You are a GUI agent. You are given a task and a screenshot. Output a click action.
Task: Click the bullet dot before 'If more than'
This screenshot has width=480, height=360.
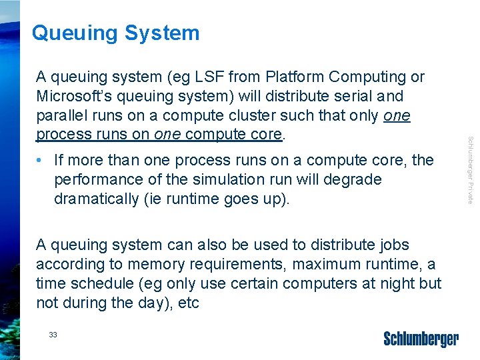(x=41, y=161)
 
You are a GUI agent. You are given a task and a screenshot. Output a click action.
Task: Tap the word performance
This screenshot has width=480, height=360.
(x=95, y=180)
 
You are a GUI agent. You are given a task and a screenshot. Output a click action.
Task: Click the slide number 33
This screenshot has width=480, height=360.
(x=53, y=335)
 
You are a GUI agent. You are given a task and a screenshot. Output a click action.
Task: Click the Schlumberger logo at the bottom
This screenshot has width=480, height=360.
(x=421, y=339)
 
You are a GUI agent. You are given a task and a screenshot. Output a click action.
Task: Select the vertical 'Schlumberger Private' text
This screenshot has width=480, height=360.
(x=470, y=170)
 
